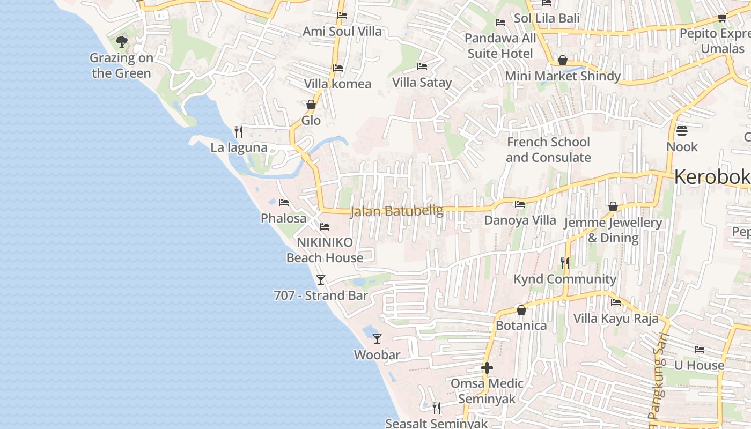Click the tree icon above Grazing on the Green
122,41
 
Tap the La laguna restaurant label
239,147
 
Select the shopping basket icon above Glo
311,105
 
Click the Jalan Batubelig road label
396,211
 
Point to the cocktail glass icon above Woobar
377,338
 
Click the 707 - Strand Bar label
321,295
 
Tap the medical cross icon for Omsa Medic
487,368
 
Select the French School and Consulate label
548,150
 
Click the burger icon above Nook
682,131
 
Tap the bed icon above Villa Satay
422,66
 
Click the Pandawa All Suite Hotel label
500,46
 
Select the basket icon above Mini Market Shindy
563,60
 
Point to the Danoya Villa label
520,220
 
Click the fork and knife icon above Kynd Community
564,263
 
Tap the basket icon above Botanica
521,310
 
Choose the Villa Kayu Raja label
616,319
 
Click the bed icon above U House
700,350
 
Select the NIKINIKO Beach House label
325,250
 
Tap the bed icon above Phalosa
284,202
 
